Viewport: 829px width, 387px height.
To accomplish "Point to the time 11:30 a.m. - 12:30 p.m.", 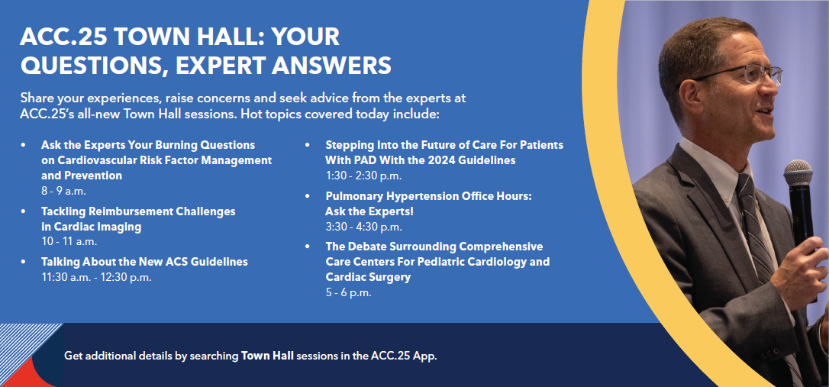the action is coord(97,277).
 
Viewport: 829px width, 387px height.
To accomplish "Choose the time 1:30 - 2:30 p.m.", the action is coord(364,176).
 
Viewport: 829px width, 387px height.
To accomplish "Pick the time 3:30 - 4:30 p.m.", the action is coord(364,227).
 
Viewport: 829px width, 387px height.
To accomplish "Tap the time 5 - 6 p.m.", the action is coord(348,292).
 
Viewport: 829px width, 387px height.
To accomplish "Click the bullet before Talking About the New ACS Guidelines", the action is coord(23,262).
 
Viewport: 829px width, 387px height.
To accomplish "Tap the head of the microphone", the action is coord(798,173).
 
